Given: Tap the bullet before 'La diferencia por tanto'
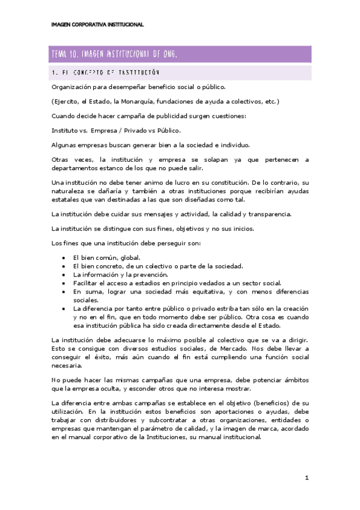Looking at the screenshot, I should pos(64,309).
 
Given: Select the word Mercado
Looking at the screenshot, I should pos(240,348).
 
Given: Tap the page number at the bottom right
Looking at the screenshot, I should pos(307,478).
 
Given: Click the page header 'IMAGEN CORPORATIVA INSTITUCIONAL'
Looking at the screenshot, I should pos(97,25).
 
